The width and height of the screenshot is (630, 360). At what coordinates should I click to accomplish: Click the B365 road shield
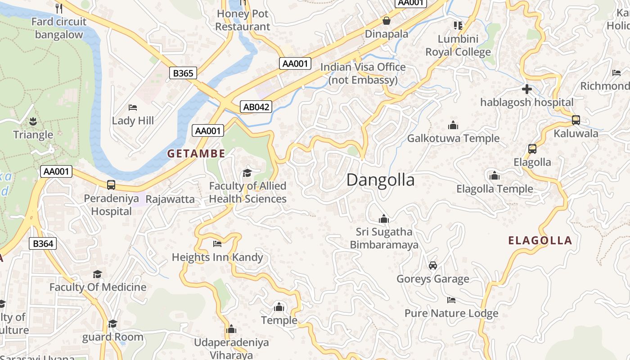pos(183,73)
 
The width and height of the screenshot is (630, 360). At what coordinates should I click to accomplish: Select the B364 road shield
pos(43,243)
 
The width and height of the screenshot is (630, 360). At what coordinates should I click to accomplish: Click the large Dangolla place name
pos(381,180)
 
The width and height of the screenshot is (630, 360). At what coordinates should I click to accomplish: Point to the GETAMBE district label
pos(196,153)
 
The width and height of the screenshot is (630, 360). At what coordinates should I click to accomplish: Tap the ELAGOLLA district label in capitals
pos(540,240)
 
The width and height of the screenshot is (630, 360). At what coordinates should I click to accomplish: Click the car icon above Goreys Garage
pos(433,265)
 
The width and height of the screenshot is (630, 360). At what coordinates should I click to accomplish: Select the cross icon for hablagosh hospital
pos(527,89)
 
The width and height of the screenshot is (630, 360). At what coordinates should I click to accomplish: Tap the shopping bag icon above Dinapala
pos(386,21)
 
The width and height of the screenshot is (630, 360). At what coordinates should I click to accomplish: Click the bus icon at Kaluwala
pos(576,120)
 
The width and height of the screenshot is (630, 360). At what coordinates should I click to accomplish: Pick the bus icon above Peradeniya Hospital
pos(111,185)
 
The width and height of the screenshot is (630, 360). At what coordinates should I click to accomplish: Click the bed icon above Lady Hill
pos(133,108)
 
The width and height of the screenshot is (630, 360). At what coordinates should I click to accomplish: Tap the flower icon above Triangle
pos(33,121)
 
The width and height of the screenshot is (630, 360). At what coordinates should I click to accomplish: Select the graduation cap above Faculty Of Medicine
pos(98,274)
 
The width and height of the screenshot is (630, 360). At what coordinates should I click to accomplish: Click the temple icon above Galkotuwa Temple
pos(453,125)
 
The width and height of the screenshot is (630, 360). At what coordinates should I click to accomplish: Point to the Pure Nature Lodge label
pos(451,313)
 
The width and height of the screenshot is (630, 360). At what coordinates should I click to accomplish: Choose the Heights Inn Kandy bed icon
pos(217,244)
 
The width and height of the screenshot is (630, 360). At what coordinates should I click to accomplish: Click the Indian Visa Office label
pos(363,73)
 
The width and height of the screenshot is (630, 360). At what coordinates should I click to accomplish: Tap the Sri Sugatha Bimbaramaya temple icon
pos(384,219)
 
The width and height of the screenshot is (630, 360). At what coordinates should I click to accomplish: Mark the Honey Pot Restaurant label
pos(243,20)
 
